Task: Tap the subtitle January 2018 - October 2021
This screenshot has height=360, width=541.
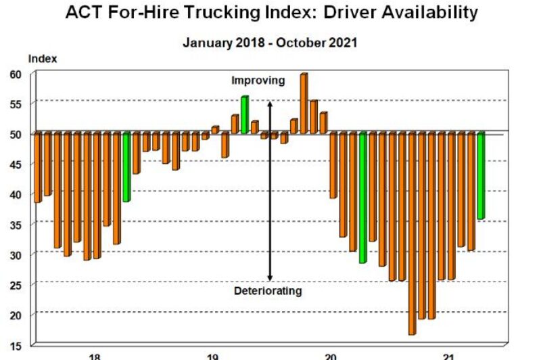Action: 270,42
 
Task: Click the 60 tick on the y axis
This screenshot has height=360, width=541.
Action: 16,74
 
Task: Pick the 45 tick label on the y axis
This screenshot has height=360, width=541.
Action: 16,164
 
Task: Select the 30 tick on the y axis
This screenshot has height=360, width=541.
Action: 16,254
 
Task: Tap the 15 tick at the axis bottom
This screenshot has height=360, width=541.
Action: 16,345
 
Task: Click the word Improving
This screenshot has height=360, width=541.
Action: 258,81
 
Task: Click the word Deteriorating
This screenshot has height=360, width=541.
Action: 268,291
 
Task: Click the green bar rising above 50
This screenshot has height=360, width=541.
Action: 244,114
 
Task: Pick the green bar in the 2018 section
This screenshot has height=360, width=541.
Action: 126,167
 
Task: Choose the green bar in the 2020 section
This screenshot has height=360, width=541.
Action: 362,198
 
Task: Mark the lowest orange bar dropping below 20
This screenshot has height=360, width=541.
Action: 412,233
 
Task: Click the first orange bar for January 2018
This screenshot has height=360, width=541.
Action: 38,167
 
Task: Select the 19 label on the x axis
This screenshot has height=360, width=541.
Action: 212,356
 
